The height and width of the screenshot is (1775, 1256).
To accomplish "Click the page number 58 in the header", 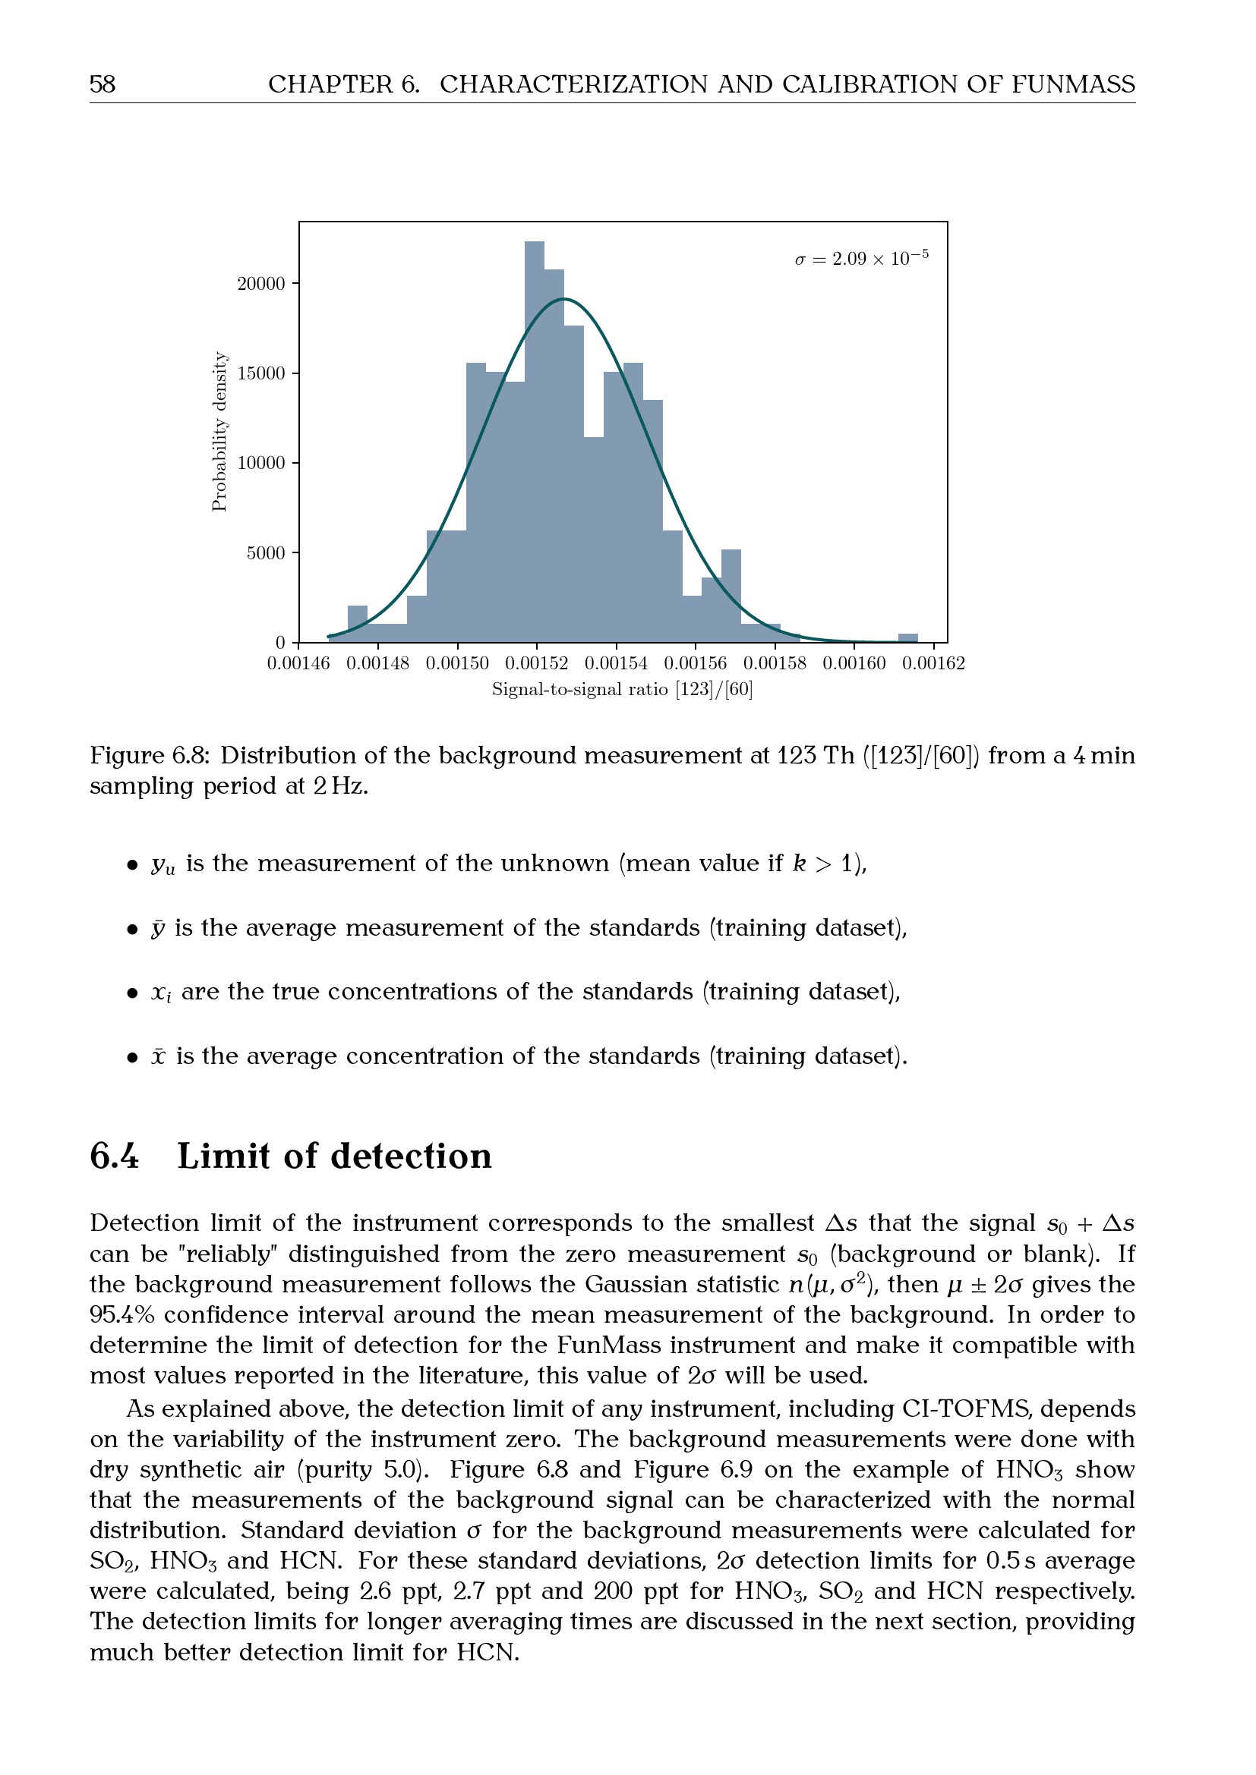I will pyautogui.click(x=103, y=83).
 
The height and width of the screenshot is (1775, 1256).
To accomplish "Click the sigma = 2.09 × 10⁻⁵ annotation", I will pyautogui.click(x=862, y=258).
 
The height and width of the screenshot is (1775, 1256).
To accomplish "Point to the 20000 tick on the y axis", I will pyautogui.click(x=260, y=284).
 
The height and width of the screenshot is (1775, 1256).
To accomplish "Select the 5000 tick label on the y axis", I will pyautogui.click(x=265, y=552).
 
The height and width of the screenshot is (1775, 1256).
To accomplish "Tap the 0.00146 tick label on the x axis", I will pyautogui.click(x=298, y=663).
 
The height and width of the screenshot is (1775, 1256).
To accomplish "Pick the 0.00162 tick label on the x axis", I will pyautogui.click(x=933, y=663).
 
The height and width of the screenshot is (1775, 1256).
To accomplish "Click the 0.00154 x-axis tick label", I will pyautogui.click(x=616, y=663).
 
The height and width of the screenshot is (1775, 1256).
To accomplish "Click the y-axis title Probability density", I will pyautogui.click(x=219, y=431).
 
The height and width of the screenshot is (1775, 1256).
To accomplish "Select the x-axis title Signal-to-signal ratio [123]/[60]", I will pyautogui.click(x=623, y=689).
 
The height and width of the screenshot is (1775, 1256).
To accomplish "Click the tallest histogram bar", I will pyautogui.click(x=535, y=441).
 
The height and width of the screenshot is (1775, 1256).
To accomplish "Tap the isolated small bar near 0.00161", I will pyautogui.click(x=908, y=637).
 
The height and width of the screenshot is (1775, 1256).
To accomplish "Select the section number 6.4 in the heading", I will pyautogui.click(x=115, y=1157).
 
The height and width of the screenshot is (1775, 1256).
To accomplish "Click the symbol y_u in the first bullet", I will pyautogui.click(x=163, y=864).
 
